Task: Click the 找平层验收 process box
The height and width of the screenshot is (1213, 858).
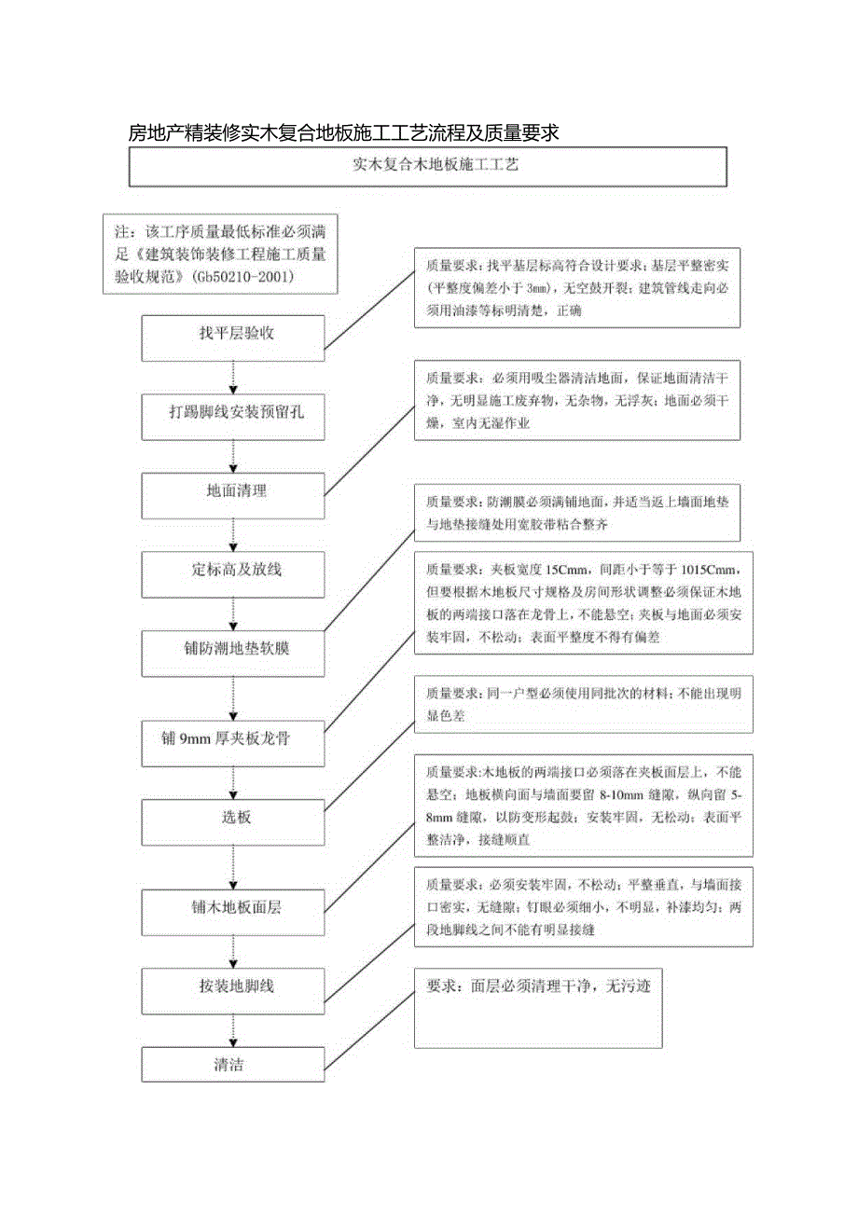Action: (233, 338)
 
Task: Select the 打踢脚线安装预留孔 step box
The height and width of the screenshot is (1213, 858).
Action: (233, 417)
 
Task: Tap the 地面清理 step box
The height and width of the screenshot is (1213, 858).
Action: (233, 495)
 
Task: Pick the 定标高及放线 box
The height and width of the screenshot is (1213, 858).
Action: (233, 573)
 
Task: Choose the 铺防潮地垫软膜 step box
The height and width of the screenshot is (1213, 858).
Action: (233, 652)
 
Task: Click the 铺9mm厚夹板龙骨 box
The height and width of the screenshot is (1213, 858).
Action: (233, 742)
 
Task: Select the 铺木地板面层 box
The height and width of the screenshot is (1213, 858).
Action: (233, 911)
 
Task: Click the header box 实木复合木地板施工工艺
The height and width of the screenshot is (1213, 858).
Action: (427, 168)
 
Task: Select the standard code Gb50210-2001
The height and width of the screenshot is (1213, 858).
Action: (245, 277)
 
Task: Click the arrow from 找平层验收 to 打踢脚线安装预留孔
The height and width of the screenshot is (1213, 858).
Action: (233, 378)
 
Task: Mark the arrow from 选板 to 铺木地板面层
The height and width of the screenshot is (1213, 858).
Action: (233, 866)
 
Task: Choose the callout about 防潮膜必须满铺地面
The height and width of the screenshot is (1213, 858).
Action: (577, 514)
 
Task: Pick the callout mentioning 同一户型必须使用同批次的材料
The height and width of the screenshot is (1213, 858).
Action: (583, 706)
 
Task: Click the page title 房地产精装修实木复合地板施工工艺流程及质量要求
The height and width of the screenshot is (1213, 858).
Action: (343, 132)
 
